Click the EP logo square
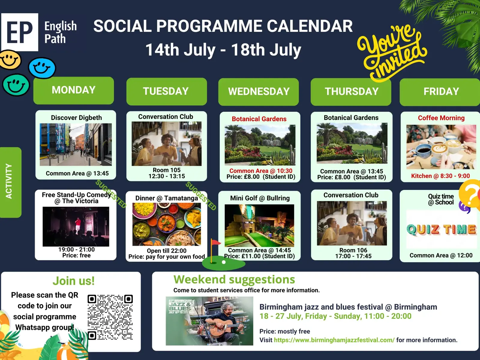click(x=20, y=32)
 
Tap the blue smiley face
click(x=42, y=68)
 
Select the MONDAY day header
click(x=73, y=90)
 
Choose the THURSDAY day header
click(x=351, y=91)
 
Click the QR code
click(x=110, y=317)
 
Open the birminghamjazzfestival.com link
click(x=334, y=340)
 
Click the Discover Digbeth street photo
click(x=76, y=145)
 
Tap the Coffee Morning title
click(x=441, y=118)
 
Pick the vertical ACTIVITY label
click(x=9, y=181)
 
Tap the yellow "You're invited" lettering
click(x=391, y=52)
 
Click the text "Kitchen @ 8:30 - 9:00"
click(x=440, y=176)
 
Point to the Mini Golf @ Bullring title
click(x=260, y=198)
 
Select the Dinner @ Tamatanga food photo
click(x=166, y=224)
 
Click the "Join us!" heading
click(x=73, y=281)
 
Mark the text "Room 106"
click(x=353, y=250)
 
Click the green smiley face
click(x=16, y=85)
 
